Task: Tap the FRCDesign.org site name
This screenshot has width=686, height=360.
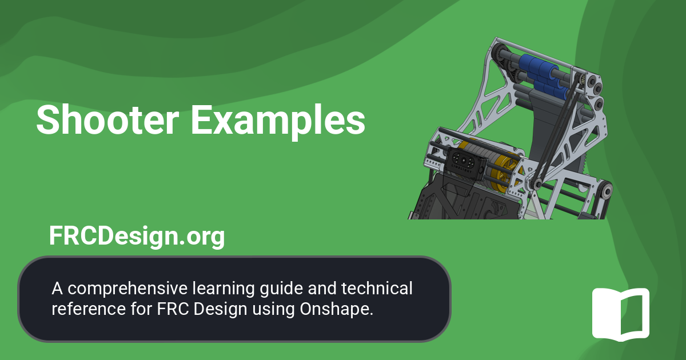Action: (137, 235)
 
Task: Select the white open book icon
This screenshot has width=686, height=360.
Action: (620, 314)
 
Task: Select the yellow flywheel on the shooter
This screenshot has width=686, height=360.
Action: (503, 171)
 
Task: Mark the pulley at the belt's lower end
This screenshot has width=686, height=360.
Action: (537, 183)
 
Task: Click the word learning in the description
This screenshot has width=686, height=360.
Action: (212, 289)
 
